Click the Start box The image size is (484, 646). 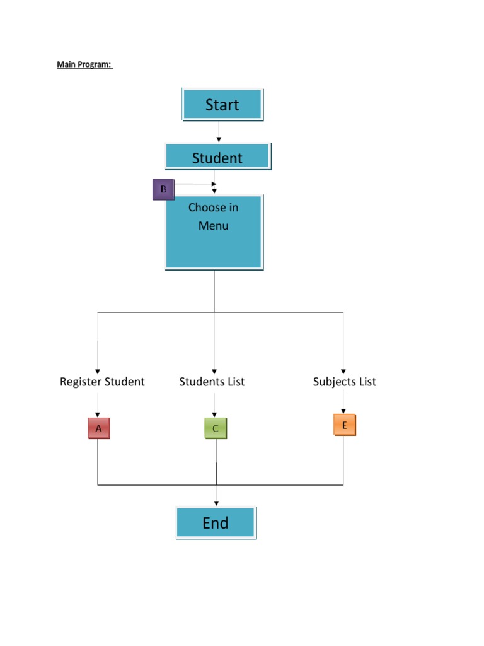coord(222,105)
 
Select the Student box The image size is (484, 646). coord(217,157)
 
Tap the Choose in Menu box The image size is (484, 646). coord(214,232)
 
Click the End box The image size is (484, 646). coord(216,523)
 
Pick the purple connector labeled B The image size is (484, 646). coord(163,189)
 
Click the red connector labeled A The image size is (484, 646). coord(98,429)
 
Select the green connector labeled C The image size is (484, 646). coord(215,429)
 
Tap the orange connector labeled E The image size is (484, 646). coord(344,425)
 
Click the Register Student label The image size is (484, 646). coord(102,382)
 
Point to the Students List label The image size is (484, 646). coord(212,382)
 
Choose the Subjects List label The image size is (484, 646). coord(344,382)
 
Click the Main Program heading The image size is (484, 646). coord(84,64)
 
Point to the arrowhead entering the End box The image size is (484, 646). coord(216,503)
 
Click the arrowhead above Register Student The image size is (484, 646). coord(98,371)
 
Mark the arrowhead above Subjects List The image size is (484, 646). coord(343,371)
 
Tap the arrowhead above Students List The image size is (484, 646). coord(214,371)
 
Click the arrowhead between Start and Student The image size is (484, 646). coord(219,139)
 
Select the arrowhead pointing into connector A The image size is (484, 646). coord(98,414)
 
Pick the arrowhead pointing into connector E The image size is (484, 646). coord(343,410)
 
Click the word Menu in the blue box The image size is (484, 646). coord(214,226)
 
